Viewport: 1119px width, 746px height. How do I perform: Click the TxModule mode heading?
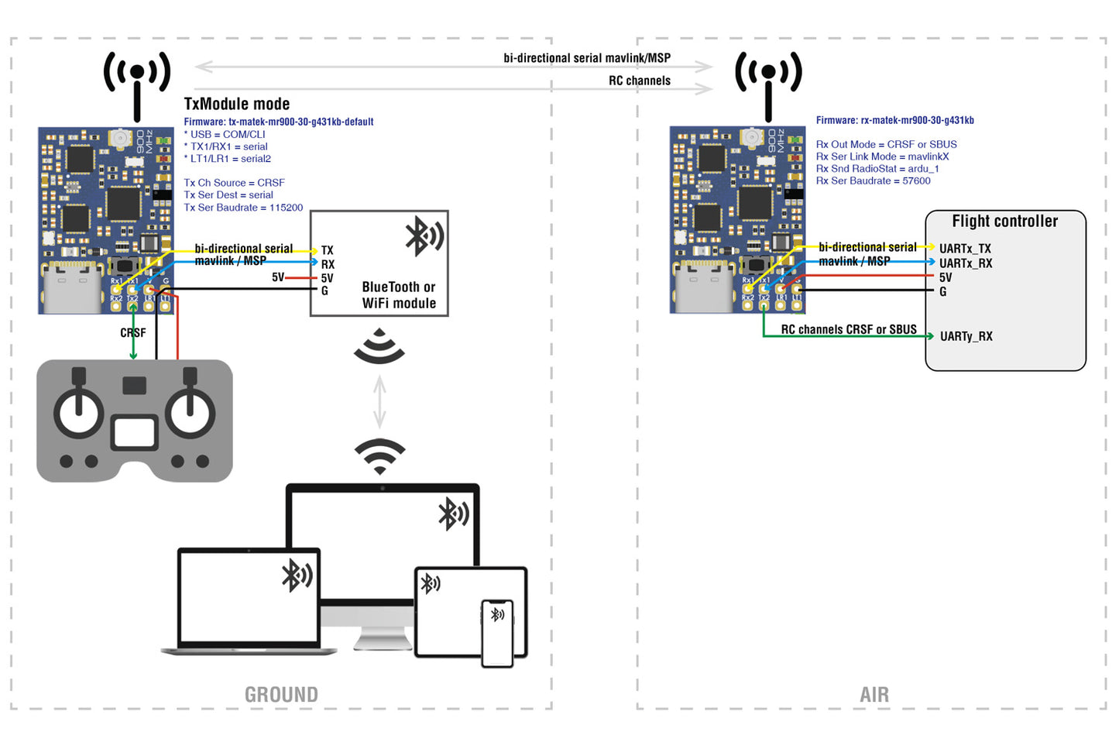click(236, 104)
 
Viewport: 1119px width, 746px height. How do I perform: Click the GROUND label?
click(281, 694)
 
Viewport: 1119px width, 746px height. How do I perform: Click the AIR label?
click(874, 694)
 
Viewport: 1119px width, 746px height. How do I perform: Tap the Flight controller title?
click(1004, 222)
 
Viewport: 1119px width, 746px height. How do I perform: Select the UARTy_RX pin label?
click(966, 336)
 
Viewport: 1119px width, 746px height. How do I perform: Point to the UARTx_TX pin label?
click(965, 249)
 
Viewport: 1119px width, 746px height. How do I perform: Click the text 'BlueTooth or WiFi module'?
click(399, 295)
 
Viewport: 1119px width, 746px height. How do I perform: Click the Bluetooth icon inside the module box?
click(424, 236)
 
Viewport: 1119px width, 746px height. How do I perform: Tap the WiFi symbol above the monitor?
click(379, 456)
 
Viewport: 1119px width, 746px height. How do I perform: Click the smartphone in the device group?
click(497, 633)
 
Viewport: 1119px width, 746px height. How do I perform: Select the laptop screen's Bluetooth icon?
click(297, 576)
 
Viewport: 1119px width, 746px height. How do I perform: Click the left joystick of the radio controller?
click(78, 411)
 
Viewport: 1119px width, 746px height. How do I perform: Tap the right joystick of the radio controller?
click(190, 411)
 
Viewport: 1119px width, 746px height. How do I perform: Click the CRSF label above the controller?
click(132, 333)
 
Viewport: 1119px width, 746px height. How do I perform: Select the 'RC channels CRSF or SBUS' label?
click(848, 329)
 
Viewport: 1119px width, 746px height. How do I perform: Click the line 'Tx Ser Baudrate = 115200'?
click(243, 208)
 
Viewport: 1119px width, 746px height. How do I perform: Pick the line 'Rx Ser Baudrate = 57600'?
click(873, 180)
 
